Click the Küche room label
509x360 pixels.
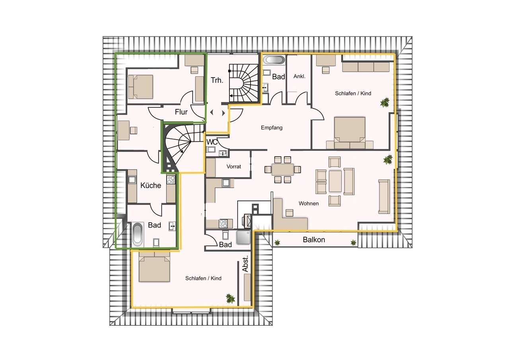coord(151,185)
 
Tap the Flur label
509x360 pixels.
coord(181,112)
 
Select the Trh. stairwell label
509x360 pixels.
coord(217,80)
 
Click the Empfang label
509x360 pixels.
coord(272,128)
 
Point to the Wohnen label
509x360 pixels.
coord(309,203)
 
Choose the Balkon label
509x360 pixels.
coord(314,239)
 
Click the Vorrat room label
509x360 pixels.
coord(233,167)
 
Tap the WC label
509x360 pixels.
coord(212,142)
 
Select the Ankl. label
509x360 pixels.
coord(299,76)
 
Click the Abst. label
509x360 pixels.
coord(245,264)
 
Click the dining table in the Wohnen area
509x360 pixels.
coord(282,169)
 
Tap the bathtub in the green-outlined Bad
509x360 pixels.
coord(138,234)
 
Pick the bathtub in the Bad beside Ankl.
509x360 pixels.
coord(274,60)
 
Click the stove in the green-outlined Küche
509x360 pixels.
coord(171,179)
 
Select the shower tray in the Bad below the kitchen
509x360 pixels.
coord(243,237)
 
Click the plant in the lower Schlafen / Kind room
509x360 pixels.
coord(230,298)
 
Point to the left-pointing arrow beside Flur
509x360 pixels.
coord(212,112)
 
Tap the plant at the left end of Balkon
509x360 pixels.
coord(277,243)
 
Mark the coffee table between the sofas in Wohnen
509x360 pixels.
coord(335,181)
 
